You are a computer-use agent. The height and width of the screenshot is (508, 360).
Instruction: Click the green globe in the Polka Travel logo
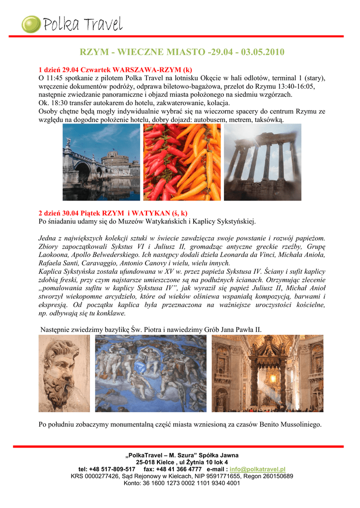pyautogui.click(x=31, y=24)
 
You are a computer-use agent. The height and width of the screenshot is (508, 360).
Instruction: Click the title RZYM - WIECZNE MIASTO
pyautogui.click(x=182, y=53)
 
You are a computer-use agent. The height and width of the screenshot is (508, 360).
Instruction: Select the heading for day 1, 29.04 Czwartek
pyautogui.click(x=115, y=69)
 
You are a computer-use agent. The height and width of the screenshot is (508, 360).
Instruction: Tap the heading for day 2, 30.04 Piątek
pyautogui.click(x=113, y=213)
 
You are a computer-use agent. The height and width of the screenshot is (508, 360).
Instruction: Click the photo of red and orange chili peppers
pyautogui.click(x=181, y=162)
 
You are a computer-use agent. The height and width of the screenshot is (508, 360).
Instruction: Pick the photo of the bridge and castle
pyautogui.click(x=101, y=162)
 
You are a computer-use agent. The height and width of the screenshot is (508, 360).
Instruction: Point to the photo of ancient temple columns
pyautogui.click(x=263, y=162)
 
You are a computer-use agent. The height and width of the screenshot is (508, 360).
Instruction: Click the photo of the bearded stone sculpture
pyautogui.click(x=64, y=373)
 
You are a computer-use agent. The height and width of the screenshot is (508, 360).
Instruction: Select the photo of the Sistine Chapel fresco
pyautogui.click(x=150, y=373)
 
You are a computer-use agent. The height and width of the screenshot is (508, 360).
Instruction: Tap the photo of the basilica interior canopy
pyautogui.click(x=267, y=373)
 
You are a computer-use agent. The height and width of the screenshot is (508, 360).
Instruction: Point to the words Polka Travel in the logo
pyautogui.click(x=82, y=24)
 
